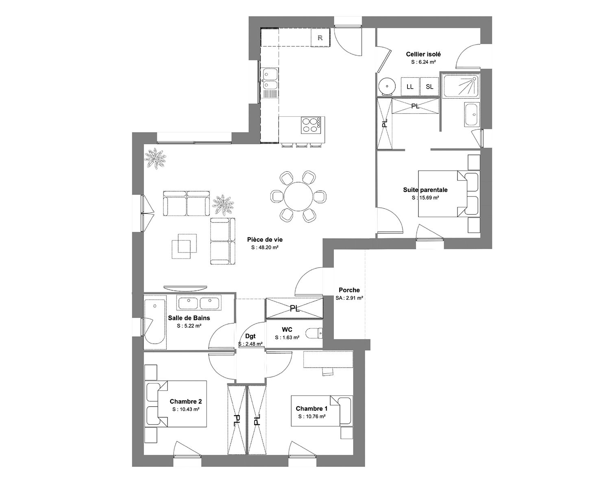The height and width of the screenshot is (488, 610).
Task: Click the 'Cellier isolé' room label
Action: tap(423, 54)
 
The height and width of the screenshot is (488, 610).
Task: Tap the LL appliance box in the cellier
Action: tap(410, 87)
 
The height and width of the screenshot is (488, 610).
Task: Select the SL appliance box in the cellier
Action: tap(429, 87)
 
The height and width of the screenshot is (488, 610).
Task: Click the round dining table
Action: tap(298, 196)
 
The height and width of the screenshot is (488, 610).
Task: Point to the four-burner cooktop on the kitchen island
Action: tap(311, 125)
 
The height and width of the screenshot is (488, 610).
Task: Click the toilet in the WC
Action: tap(314, 333)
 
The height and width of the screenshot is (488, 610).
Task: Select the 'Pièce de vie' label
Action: tap(265, 240)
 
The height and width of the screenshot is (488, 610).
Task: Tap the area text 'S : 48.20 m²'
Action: tap(265, 248)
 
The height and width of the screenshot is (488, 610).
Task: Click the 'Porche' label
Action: tap(349, 290)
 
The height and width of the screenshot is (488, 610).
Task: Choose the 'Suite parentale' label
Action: tap(425, 190)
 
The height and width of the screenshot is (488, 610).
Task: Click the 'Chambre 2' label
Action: tap(186, 401)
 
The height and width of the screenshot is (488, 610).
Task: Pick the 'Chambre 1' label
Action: tap(312, 409)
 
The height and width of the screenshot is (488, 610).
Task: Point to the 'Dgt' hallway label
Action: tap(250, 336)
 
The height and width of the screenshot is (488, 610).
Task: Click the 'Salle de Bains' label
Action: tap(189, 318)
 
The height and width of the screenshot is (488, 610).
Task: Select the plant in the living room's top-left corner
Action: tap(155, 159)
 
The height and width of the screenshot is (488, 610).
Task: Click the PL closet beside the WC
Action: tap(294, 308)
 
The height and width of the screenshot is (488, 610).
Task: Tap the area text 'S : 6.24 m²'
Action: tap(423, 62)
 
